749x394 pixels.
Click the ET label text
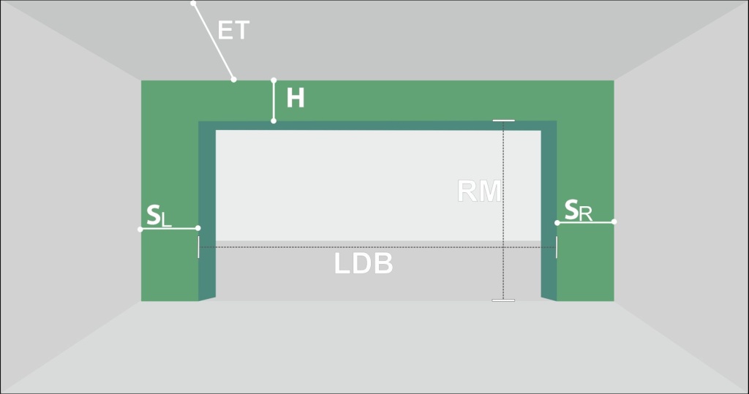233,30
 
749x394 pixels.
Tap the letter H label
296,99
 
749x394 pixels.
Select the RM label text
479,191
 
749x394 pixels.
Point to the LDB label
364,263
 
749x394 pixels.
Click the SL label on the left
159,216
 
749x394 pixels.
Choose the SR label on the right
578,211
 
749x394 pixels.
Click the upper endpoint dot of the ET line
193,4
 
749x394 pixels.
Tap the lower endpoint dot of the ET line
233,79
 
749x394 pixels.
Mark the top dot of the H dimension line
274,80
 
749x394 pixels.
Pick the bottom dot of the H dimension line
274,121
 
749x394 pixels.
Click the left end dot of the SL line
140,230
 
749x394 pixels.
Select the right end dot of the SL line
198,228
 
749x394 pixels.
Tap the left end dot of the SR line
557,222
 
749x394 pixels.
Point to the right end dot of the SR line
614,221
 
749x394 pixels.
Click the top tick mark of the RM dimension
503,121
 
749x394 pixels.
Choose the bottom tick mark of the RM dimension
503,300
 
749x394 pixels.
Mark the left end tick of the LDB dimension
199,247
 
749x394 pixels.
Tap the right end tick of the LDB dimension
557,247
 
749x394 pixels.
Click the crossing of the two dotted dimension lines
503,247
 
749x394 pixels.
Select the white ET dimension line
214,42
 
